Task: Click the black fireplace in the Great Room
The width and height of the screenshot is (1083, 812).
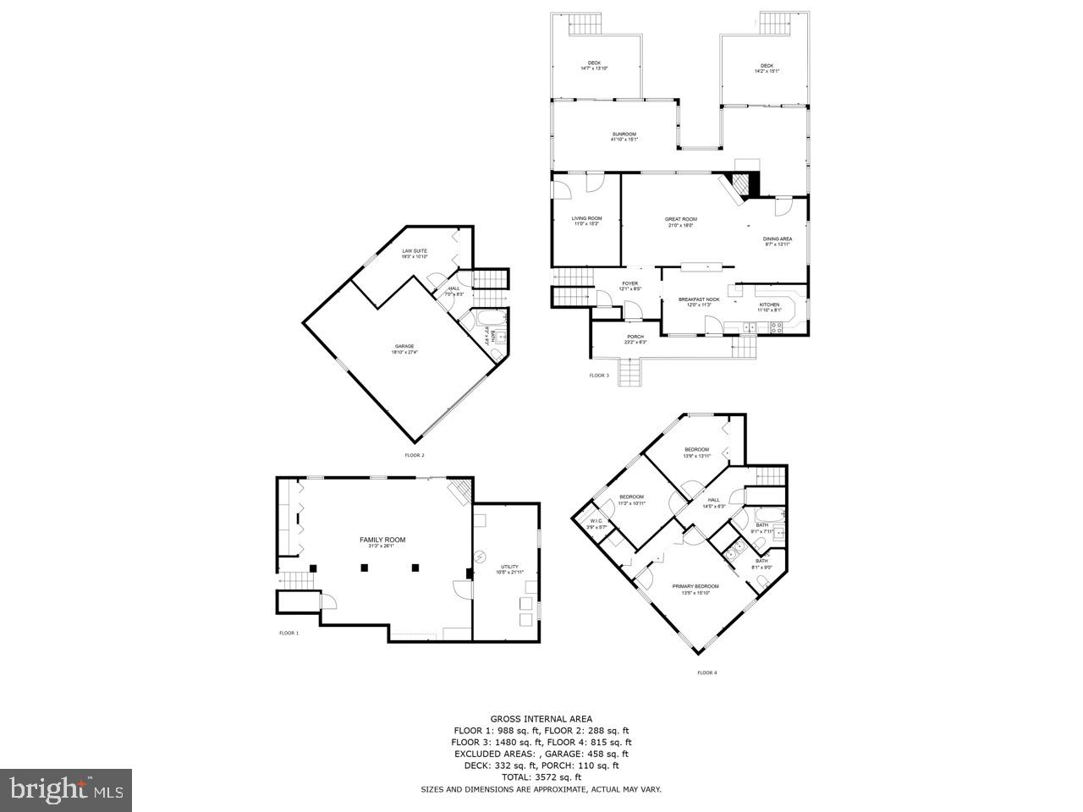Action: pyautogui.click(x=741, y=184)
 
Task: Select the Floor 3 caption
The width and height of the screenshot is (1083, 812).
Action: pyautogui.click(x=599, y=375)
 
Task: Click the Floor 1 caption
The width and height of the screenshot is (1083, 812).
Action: pyautogui.click(x=289, y=633)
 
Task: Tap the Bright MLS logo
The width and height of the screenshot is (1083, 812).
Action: pyautogui.click(x=66, y=790)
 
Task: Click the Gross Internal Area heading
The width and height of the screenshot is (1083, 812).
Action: pyautogui.click(x=541, y=719)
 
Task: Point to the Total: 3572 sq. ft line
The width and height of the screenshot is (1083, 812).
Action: pyautogui.click(x=541, y=776)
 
